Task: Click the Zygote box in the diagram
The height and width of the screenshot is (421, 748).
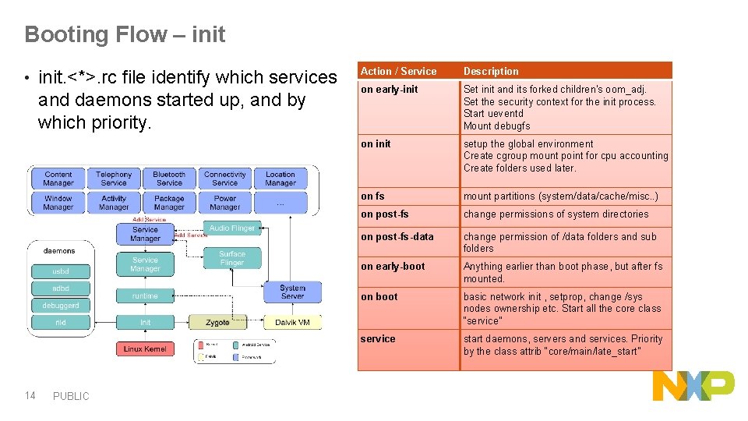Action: tap(217, 322)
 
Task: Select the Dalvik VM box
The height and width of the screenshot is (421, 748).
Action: tap(292, 322)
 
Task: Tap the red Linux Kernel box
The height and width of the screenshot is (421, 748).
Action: tap(144, 348)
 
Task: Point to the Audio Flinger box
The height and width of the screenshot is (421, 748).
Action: tap(232, 228)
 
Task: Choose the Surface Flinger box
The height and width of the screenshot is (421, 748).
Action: tap(231, 258)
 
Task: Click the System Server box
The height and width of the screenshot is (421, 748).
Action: tap(292, 292)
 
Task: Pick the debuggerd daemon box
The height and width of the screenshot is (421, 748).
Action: tap(60, 305)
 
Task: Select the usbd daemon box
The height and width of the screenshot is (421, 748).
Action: tap(60, 271)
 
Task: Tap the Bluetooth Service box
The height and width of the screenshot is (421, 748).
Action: tap(169, 179)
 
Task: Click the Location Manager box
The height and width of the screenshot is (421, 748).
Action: tap(280, 179)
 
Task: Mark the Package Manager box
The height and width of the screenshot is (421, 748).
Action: tap(169, 203)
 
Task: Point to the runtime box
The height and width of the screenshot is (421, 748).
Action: tap(145, 295)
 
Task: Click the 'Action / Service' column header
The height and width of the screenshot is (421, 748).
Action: tap(398, 71)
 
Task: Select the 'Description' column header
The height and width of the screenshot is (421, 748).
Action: tap(491, 71)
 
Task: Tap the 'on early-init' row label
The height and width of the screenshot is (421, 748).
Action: tap(389, 90)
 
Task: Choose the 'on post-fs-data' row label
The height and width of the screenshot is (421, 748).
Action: tap(397, 236)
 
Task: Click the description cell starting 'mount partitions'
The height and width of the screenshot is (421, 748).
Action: tap(560, 196)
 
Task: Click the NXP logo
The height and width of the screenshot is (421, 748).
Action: tap(693, 386)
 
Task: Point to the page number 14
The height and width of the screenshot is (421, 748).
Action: tap(30, 395)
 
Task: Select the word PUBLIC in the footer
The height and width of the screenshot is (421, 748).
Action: tap(71, 396)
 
